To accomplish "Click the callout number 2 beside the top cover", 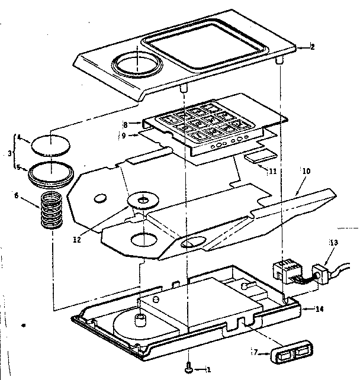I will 313,48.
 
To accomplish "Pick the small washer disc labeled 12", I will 143,201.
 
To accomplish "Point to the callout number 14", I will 320,308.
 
